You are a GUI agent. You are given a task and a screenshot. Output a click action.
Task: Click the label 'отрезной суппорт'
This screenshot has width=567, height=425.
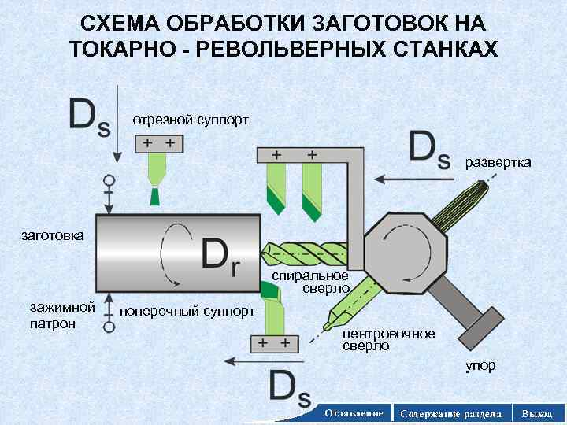(191, 120)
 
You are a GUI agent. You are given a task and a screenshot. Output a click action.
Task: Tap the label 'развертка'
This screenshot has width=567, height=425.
(498, 162)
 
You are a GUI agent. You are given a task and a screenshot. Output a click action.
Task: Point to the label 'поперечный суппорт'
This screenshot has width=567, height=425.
(187, 311)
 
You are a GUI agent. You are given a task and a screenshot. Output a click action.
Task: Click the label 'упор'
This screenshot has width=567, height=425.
(480, 366)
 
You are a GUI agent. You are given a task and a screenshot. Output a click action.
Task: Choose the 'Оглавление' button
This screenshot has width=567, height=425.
(354, 413)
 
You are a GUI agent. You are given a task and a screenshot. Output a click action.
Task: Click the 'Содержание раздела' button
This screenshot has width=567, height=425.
(450, 413)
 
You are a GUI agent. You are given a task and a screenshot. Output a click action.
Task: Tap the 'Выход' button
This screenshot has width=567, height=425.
(537, 413)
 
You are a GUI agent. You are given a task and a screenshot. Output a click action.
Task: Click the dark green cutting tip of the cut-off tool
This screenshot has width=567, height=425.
(154, 196)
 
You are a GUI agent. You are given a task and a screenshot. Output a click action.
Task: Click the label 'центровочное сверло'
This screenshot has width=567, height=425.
(387, 339)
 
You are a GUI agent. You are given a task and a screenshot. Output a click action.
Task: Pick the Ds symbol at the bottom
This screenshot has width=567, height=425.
(290, 388)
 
